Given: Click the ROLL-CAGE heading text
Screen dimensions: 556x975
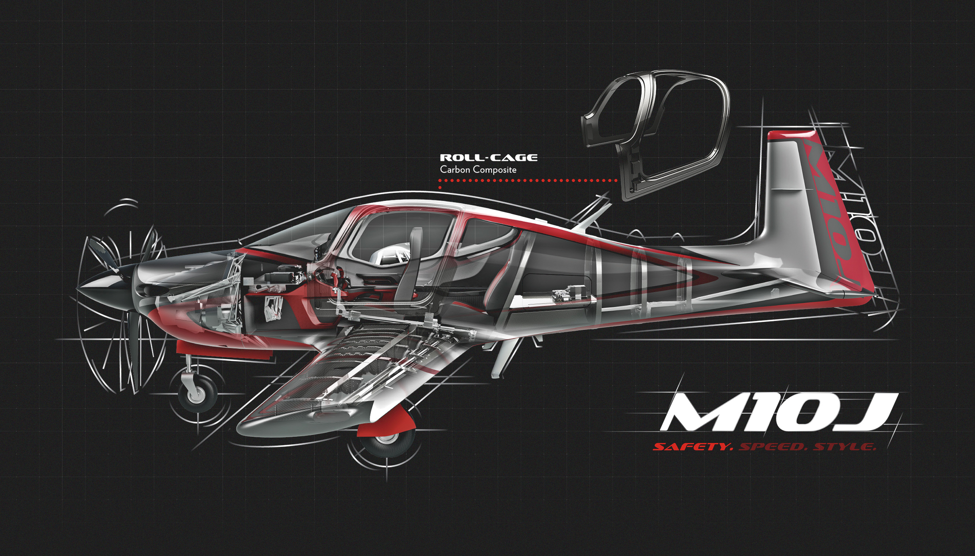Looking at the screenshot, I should click(x=488, y=158).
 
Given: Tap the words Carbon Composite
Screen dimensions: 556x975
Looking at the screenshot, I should click(x=478, y=169).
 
